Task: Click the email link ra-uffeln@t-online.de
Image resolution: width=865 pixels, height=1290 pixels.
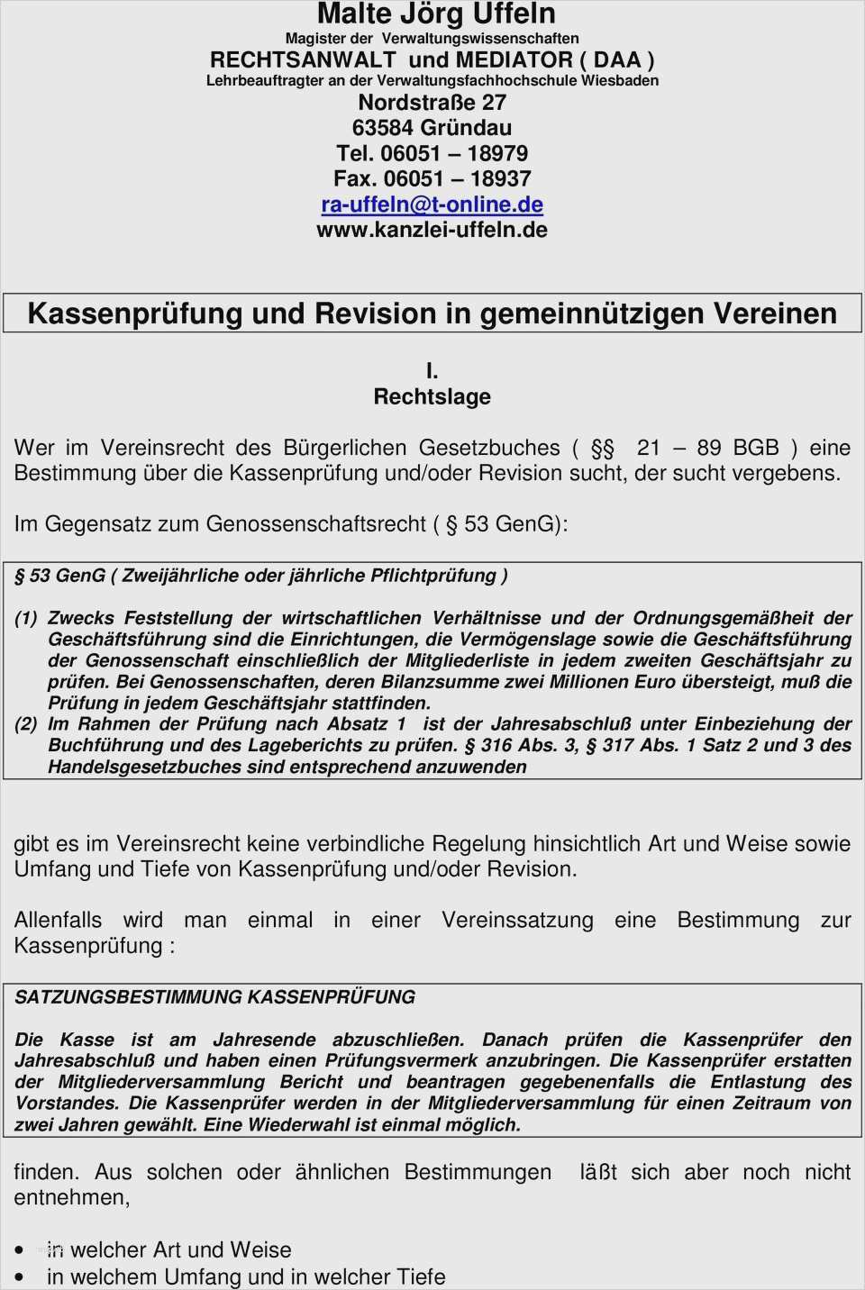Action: coord(432,204)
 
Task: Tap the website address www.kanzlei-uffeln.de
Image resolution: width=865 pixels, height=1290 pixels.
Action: coord(432,230)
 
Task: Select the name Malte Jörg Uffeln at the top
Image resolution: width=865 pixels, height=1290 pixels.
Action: coord(436,14)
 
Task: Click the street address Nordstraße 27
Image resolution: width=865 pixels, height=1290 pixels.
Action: coord(432,102)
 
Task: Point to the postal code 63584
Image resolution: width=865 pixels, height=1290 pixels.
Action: coord(382,128)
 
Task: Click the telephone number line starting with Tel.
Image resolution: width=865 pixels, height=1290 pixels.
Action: coord(432,153)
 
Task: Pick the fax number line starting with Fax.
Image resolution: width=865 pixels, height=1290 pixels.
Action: coord(432,178)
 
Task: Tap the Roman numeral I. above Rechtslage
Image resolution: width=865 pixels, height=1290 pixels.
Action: coord(432,370)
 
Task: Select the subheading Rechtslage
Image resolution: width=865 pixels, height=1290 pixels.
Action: coord(432,396)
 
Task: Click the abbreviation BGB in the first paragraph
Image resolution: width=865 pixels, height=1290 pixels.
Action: coord(755,448)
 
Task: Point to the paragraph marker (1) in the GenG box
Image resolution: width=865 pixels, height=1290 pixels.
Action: coord(25,618)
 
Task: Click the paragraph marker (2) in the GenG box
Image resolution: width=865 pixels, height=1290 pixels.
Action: coord(25,724)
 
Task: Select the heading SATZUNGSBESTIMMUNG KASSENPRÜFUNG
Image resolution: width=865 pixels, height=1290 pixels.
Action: coord(214,997)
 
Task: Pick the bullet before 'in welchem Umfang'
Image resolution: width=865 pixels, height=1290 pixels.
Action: coord(20,1277)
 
